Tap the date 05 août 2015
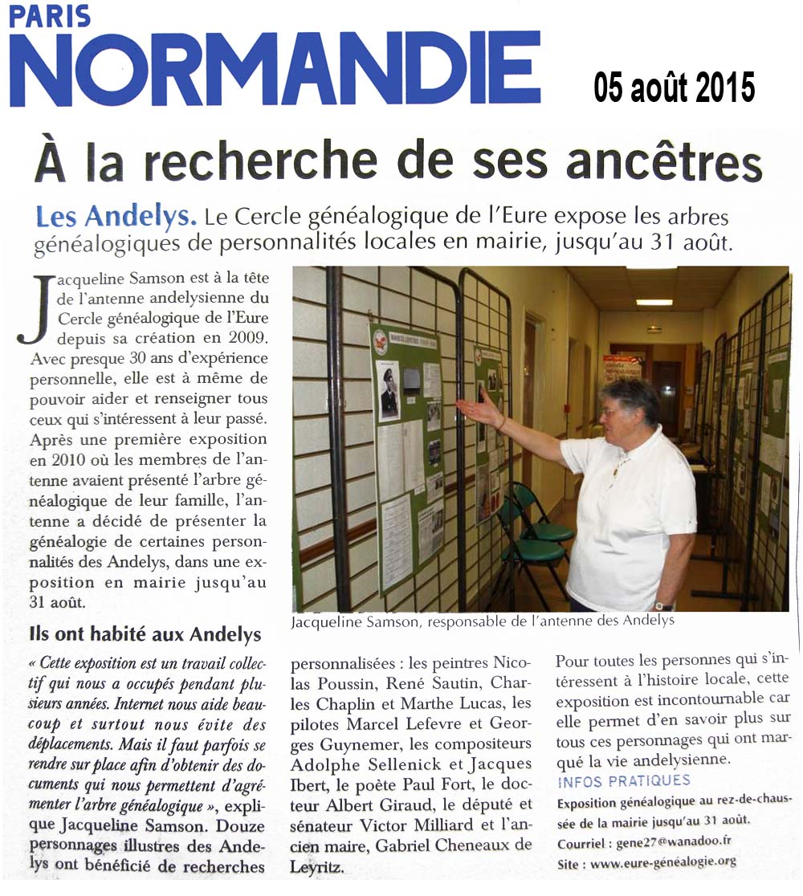(675, 87)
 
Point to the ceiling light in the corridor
(654, 303)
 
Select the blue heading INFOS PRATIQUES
(623, 780)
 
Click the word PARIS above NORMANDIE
(50, 16)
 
